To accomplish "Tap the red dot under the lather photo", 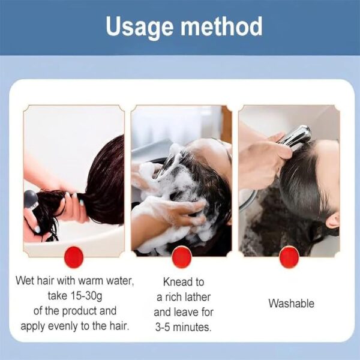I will [x=181, y=257].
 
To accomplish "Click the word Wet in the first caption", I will [x=29, y=280].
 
